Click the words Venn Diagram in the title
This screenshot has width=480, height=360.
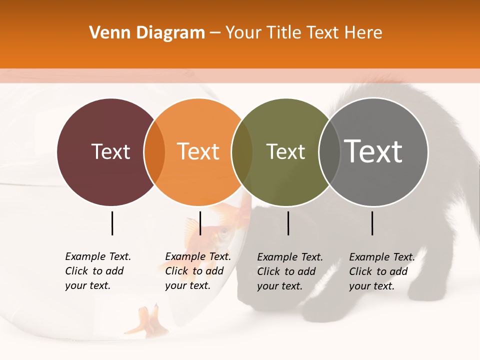tap(147, 33)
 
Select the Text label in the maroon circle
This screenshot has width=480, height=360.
tap(110, 151)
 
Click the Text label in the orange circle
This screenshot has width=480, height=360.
tap(198, 151)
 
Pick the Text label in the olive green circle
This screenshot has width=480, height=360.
tap(285, 151)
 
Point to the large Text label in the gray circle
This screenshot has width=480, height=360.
tap(373, 151)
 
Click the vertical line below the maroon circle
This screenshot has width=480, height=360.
tap(112, 223)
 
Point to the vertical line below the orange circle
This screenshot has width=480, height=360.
tap(200, 223)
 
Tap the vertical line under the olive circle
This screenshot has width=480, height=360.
tap(288, 223)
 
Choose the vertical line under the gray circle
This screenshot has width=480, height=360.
tap(372, 223)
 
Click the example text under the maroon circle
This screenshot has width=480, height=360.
tap(98, 271)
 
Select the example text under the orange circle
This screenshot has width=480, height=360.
tap(198, 271)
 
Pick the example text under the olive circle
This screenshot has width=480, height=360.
tap(290, 271)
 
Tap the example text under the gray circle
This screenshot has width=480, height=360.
tap(382, 271)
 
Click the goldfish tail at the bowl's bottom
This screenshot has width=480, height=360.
tap(148, 320)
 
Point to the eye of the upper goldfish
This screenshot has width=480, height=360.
tap(223, 232)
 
